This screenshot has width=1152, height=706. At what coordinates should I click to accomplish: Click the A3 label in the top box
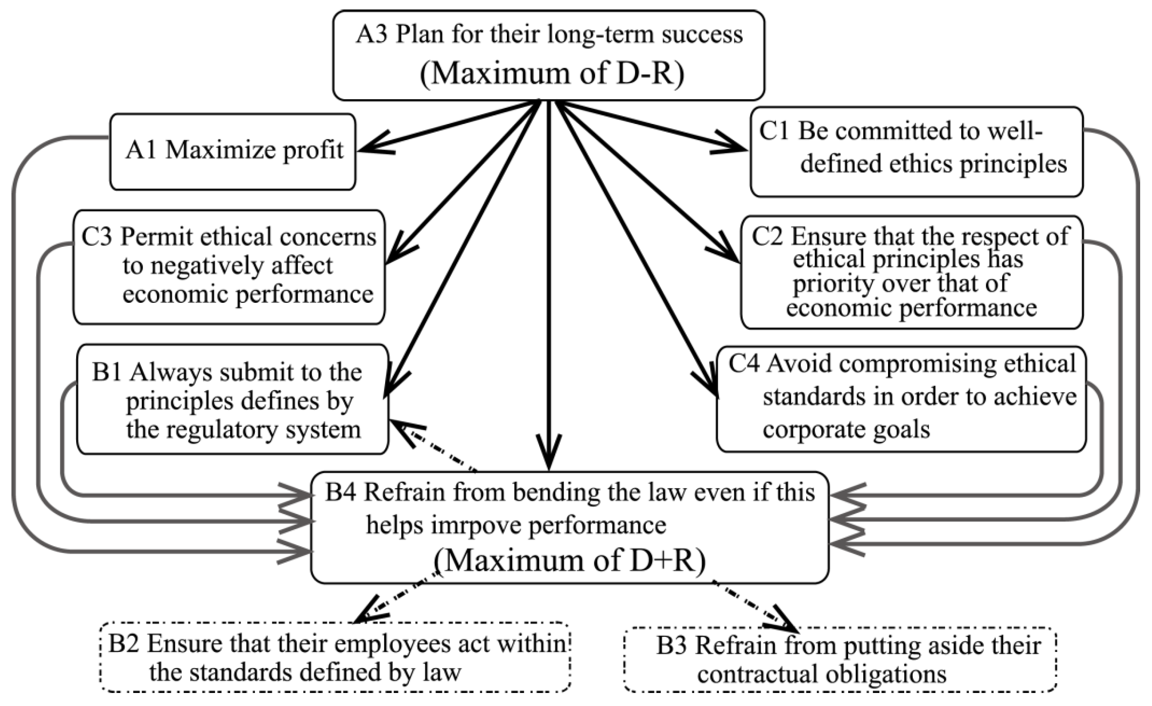(371, 35)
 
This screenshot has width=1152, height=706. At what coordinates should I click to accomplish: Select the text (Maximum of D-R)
(552, 73)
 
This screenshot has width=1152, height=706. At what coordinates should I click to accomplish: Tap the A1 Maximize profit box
(233, 152)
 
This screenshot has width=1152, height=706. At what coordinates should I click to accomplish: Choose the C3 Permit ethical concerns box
(229, 267)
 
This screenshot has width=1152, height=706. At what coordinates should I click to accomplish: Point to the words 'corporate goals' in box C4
(846, 429)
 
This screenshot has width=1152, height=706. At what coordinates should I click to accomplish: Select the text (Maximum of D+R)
(569, 560)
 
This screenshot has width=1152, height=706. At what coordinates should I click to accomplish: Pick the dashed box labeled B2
(335, 657)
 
